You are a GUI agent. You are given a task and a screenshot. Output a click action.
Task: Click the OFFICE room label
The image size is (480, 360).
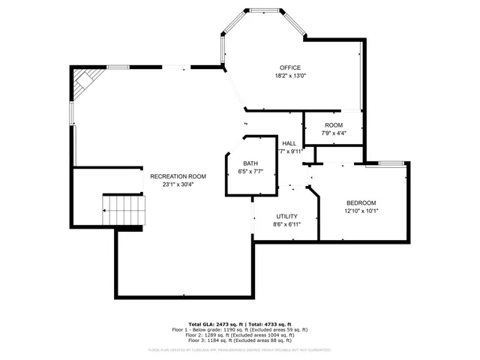point(289,67)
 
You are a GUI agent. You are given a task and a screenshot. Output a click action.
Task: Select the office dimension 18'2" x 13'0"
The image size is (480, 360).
point(289,76)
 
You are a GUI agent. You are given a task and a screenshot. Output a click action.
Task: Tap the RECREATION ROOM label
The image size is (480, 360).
point(178,176)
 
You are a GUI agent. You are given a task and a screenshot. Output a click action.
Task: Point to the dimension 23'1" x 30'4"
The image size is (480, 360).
point(178,184)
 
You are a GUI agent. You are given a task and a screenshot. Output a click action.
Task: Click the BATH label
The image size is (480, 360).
point(250,163)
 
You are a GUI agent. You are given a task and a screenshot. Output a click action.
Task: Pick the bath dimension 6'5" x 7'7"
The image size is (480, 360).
point(250,172)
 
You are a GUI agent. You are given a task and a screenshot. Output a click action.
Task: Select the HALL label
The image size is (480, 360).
point(289,142)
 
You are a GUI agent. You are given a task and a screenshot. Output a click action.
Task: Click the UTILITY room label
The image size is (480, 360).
point(286,215)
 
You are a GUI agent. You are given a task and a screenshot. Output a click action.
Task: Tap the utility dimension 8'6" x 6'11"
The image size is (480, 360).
point(286,224)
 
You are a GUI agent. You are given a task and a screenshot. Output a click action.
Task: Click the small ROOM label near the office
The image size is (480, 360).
point(333,125)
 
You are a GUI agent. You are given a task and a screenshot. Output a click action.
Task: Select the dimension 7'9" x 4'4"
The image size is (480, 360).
point(333,133)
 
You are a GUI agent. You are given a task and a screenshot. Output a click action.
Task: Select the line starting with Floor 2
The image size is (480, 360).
point(239,335)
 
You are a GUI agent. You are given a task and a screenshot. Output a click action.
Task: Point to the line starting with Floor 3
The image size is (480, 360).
point(239,341)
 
